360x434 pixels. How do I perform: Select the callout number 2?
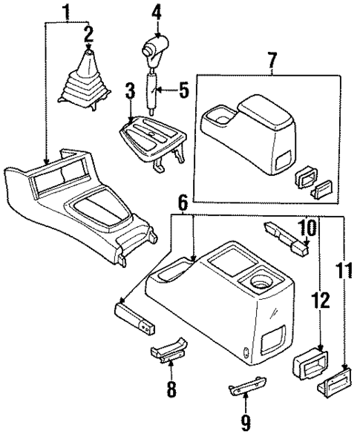tap(89, 33)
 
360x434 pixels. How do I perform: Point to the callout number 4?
tap(157, 12)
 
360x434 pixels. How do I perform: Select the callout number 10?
tap(307, 226)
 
